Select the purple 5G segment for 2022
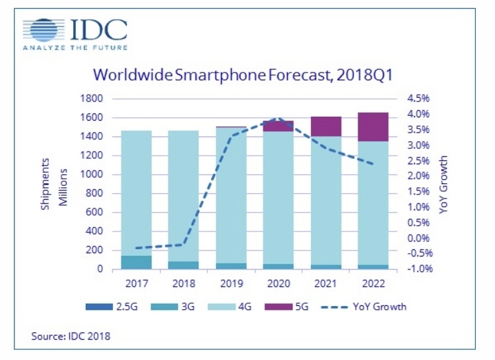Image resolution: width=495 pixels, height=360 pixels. click(374, 127)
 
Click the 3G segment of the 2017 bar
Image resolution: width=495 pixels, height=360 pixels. click(136, 262)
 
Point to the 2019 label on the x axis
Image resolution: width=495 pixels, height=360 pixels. click(231, 284)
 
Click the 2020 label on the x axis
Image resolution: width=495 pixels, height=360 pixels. click(279, 284)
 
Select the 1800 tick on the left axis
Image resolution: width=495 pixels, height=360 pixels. click(92, 99)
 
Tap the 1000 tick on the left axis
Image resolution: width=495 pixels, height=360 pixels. click(92, 175)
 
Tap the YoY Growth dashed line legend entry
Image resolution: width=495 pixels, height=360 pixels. click(370, 307)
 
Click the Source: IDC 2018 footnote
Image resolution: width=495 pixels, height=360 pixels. click(71, 336)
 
